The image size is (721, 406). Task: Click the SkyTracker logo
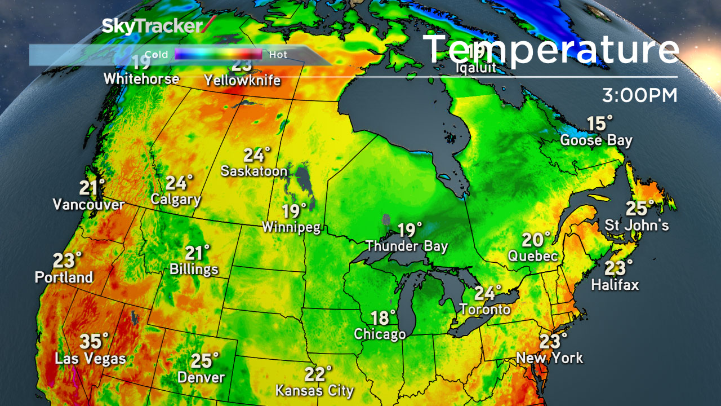coord(158,26)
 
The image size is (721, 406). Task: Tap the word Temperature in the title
coord(551,50)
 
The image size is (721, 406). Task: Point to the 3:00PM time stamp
coord(639,95)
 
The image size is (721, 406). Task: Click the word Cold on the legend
coord(156,55)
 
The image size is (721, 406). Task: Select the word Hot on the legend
coord(278,55)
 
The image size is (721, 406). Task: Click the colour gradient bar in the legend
coord(218,55)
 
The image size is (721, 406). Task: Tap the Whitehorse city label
coord(141,79)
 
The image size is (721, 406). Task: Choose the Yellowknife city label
coord(242,81)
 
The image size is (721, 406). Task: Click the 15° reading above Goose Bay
coord(599,123)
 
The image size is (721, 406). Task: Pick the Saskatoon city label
coord(254,171)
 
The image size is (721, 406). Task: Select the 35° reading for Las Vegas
coord(94,341)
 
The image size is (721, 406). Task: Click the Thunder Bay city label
coord(406,246)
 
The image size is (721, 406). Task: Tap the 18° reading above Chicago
coord(383,317)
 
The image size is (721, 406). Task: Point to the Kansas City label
coord(314,390)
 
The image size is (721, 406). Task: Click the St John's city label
coord(637,226)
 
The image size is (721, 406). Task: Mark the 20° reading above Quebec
coord(536,240)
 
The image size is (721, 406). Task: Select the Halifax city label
coord(615,285)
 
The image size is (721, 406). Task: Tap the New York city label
coord(550,358)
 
